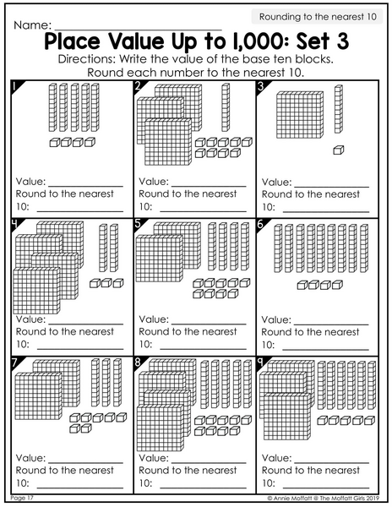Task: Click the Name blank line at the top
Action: [x=139, y=30]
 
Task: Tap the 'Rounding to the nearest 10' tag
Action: [x=317, y=17]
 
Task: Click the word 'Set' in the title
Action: [x=312, y=41]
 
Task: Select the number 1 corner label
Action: [x=15, y=86]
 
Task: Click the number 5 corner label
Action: [x=139, y=224]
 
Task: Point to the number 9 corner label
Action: [x=260, y=363]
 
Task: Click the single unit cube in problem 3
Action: [x=339, y=150]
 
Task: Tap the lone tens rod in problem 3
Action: [x=339, y=109]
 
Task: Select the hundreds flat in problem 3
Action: [x=300, y=115]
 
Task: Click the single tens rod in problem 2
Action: [x=226, y=107]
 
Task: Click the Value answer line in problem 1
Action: [x=86, y=187]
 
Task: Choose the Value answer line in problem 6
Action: [x=331, y=324]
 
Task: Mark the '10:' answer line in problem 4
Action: [x=80, y=349]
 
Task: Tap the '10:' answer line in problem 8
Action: [x=203, y=488]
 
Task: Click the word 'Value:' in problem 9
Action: [x=276, y=458]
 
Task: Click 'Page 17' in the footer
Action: [x=22, y=498]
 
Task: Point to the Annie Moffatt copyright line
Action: [x=324, y=499]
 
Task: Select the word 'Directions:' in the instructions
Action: [x=87, y=59]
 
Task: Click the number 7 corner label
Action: [x=15, y=363]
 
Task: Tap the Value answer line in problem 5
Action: [x=209, y=324]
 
